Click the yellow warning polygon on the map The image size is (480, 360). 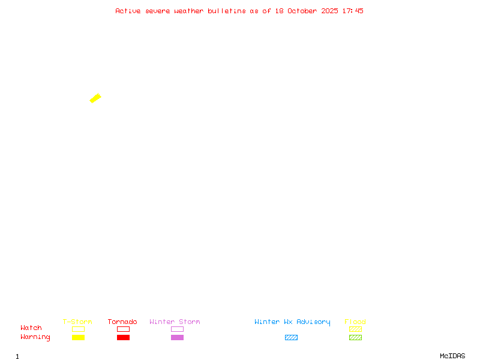95,98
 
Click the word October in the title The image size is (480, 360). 307,11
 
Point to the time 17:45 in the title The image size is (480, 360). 353,11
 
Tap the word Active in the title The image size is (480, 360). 128,11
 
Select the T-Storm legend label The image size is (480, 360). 77,322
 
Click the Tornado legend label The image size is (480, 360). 122,322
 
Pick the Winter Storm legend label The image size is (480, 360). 175,322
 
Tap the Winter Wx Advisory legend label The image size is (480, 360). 292,322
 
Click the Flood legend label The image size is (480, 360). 355,322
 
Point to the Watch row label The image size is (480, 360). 31,328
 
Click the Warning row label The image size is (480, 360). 35,337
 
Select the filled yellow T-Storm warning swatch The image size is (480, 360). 78,338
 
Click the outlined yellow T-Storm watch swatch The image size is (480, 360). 78,329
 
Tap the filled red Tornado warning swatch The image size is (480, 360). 123,338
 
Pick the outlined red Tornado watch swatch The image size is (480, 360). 123,329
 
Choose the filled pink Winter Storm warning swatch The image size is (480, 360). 177,338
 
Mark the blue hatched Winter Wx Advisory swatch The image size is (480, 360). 291,338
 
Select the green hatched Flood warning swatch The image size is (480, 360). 355,338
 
